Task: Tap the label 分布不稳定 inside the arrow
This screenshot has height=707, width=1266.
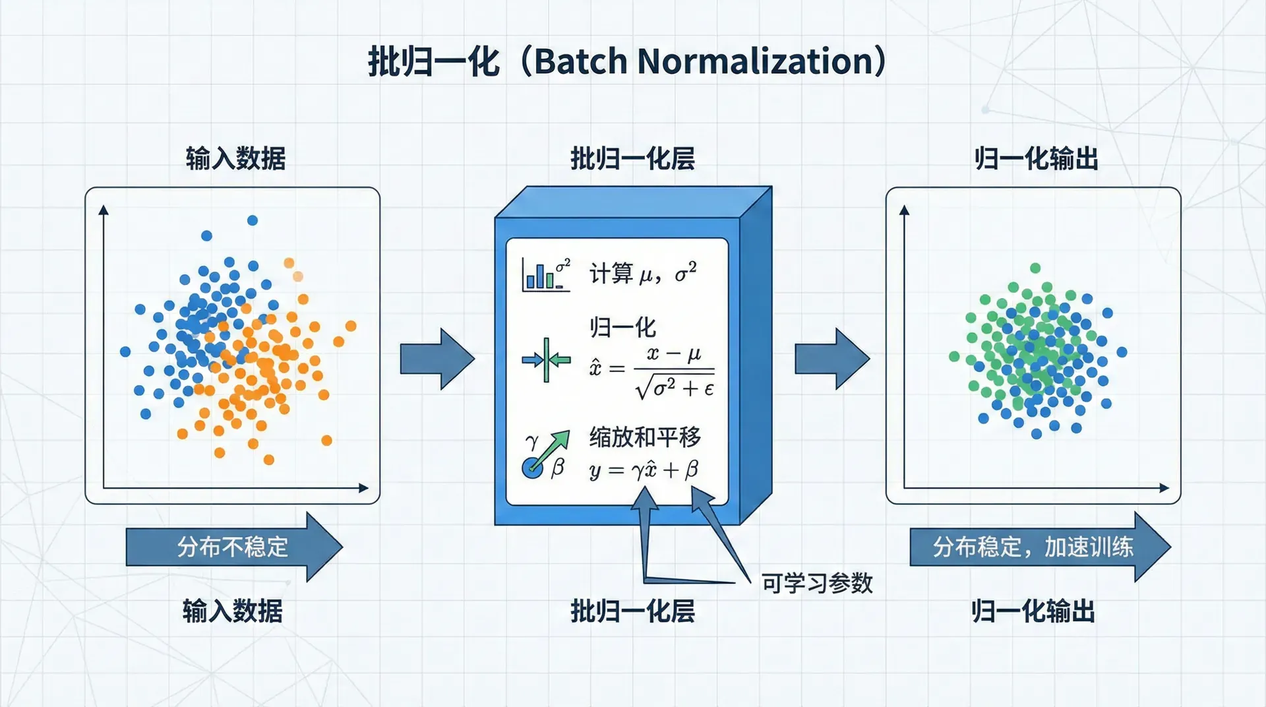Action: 232,547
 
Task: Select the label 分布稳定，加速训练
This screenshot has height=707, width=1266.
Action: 1032,547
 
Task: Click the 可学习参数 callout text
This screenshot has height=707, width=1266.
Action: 817,583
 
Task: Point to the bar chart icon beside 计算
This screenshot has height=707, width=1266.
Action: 545,274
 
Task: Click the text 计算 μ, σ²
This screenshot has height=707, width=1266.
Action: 642,273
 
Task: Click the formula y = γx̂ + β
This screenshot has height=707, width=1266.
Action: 644,470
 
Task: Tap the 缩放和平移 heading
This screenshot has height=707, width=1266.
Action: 644,437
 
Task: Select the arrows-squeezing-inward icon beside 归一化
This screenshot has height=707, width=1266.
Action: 546,359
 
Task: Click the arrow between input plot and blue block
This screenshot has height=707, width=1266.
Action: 437,359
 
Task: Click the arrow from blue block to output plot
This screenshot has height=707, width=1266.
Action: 831,359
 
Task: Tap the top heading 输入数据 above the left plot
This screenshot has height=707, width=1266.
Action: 235,159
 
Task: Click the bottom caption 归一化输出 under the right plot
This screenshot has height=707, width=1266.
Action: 1033,611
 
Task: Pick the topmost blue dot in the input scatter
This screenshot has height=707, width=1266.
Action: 252,220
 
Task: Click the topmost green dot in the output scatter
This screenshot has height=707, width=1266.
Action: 1035,268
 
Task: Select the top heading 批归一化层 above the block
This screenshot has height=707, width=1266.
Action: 632,159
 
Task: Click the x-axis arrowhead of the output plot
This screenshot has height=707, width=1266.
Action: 1164,488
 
